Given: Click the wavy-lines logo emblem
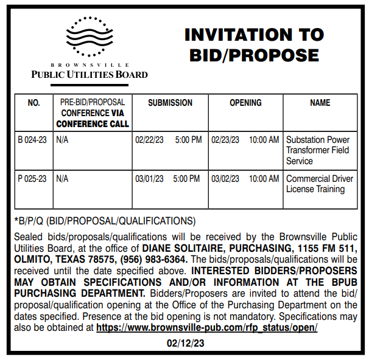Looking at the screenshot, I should coord(89,38).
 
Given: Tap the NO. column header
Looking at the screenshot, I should coord(34,103).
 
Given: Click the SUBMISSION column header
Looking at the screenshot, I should coord(170,103).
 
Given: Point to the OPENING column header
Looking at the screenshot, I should coord(245,103).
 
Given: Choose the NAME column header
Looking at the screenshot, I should coord(320,103).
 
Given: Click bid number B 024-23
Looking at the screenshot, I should coord(32,140).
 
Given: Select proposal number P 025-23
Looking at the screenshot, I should coord(32,179).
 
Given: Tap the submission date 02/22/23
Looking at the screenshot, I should coord(149,140).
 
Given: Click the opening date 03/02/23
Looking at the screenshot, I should coord(226,179).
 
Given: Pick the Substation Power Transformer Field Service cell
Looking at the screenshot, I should coord(318,150).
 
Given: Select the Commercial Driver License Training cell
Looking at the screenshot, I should coord(320,184).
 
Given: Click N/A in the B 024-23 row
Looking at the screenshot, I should coord(62,140).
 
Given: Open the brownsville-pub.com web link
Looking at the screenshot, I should coord(207,327).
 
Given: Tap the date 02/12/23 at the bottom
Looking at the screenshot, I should coord(184,343).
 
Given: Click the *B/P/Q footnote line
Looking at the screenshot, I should coord(104,221).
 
